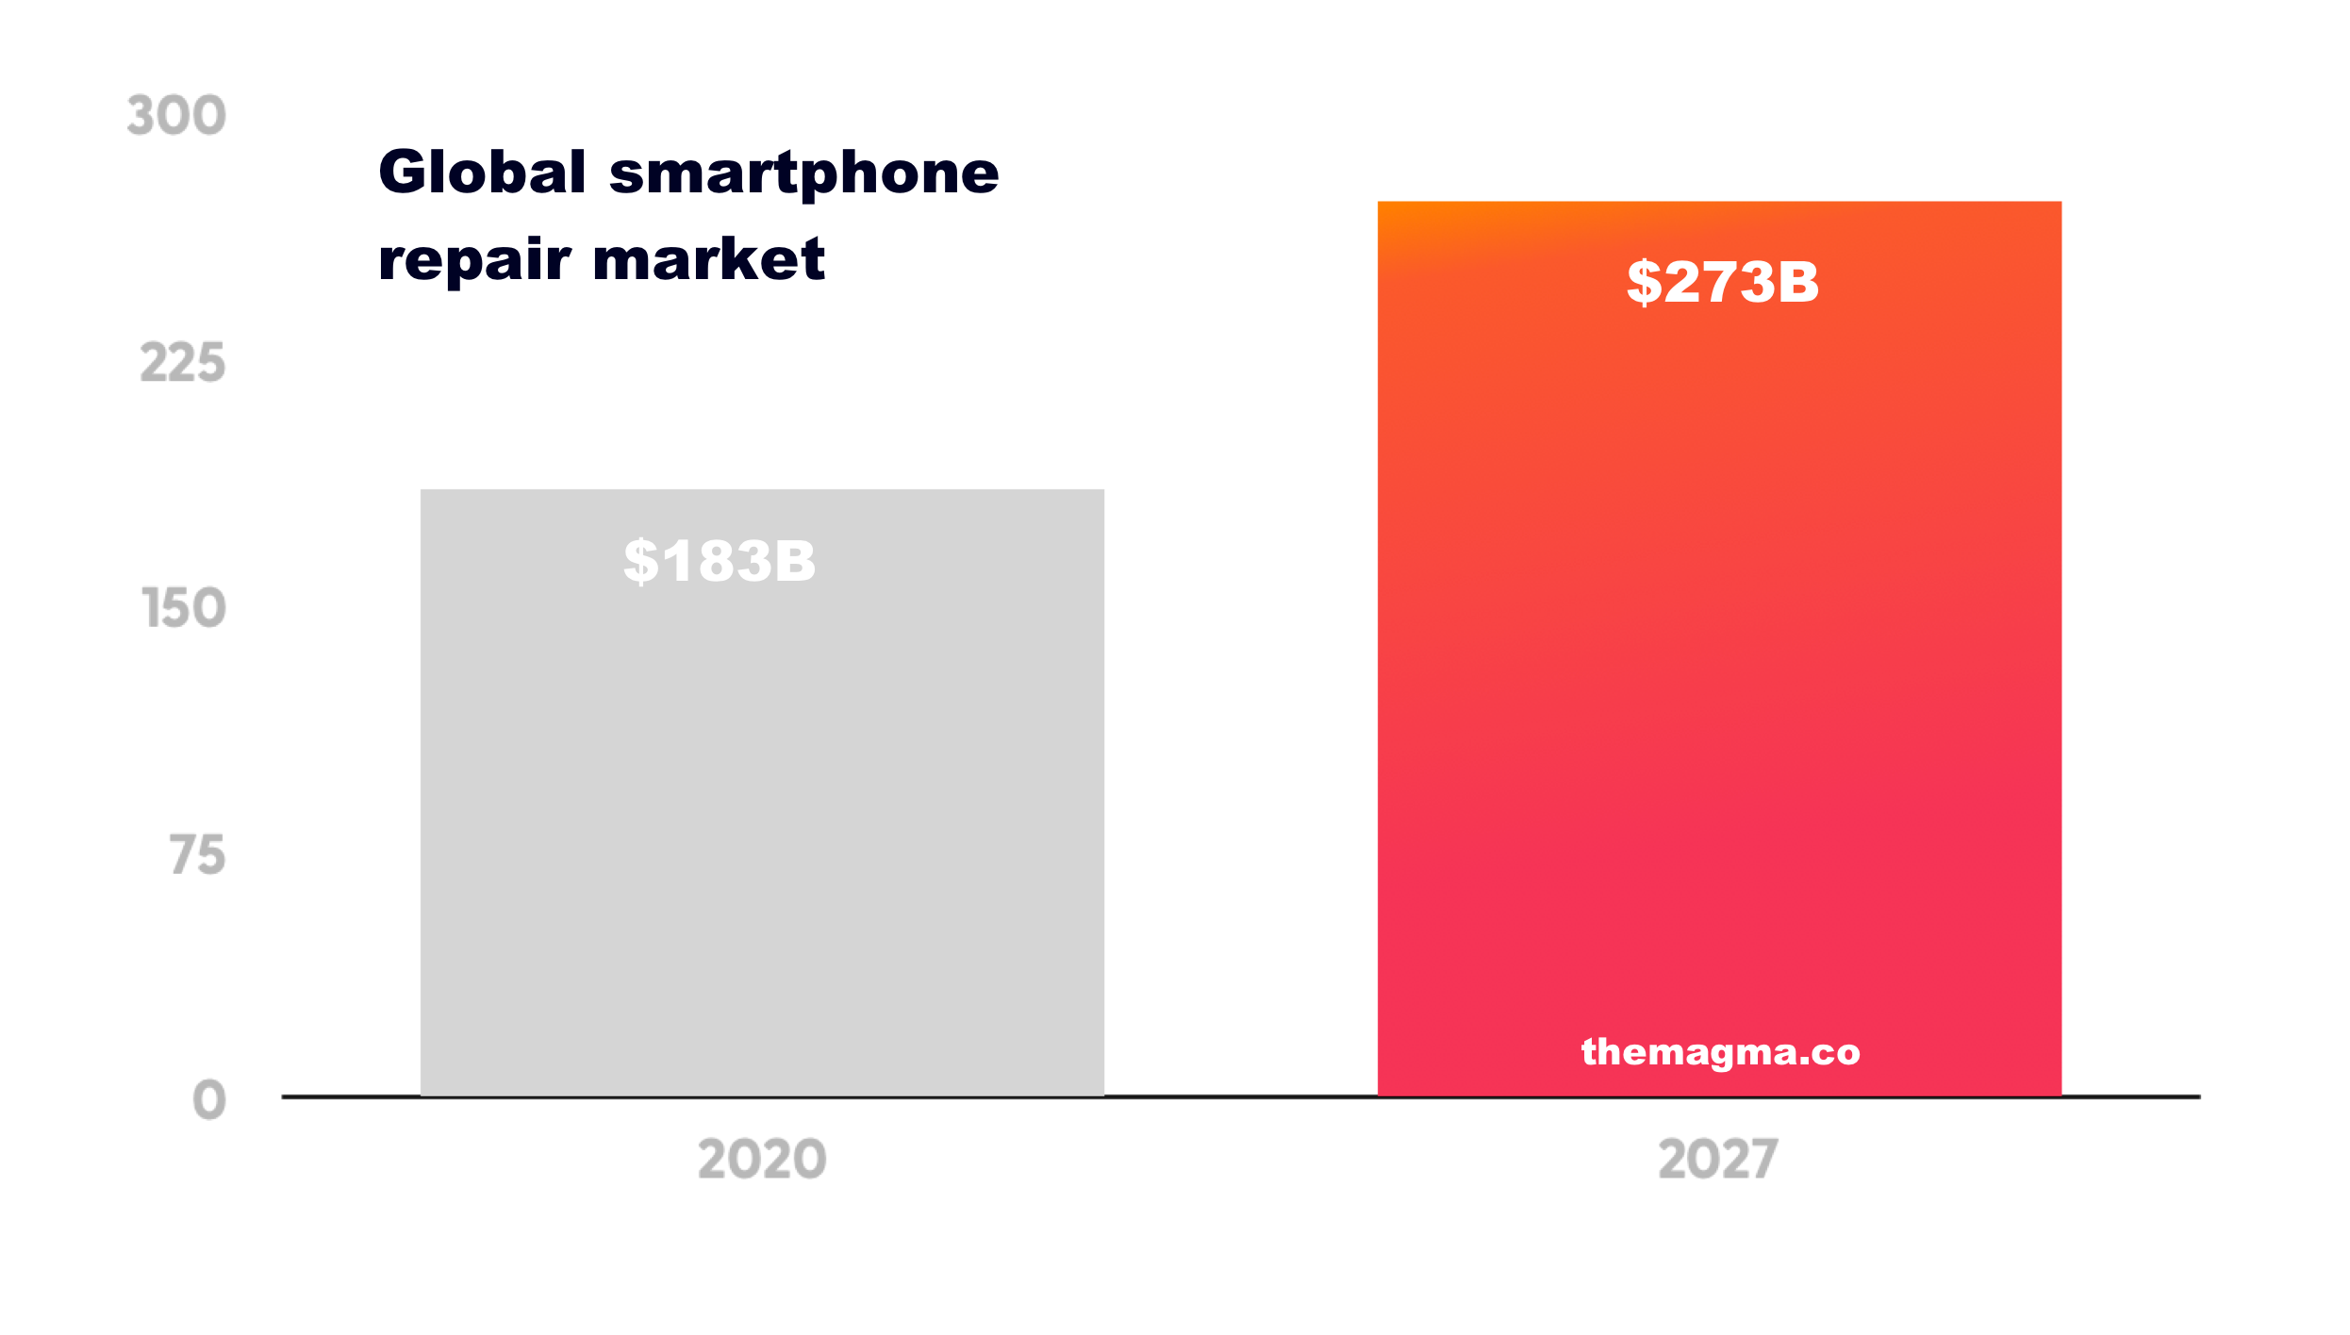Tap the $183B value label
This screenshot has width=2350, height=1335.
720,561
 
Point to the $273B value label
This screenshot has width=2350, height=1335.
1723,281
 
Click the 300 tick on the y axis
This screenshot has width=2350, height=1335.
176,116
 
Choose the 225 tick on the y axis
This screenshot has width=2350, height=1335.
183,363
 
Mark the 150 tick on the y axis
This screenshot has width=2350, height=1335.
184,608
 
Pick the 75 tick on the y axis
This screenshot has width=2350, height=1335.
198,855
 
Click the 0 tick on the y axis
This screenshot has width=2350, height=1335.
209,1099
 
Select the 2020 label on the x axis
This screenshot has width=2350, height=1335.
762,1159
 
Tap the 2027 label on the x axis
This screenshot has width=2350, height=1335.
1718,1159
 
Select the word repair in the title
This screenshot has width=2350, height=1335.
474,260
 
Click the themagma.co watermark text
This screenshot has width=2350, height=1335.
1720,1052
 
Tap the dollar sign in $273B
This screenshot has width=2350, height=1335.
1644,281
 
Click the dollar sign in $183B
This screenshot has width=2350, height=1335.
640,561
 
